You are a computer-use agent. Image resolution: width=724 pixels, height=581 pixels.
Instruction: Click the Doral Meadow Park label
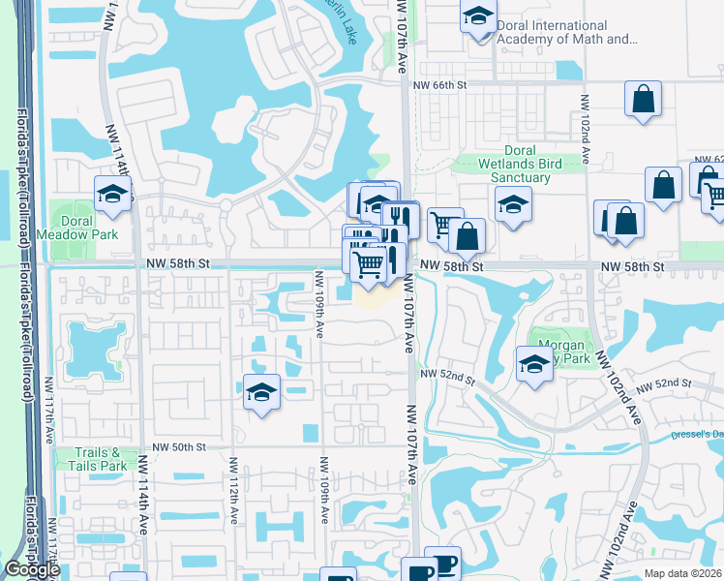[77, 228]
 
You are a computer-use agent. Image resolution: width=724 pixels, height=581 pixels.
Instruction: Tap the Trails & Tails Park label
[98, 459]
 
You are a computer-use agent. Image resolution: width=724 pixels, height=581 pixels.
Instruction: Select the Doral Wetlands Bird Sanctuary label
[520, 164]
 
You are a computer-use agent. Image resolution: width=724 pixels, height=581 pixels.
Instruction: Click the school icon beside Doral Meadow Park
[112, 194]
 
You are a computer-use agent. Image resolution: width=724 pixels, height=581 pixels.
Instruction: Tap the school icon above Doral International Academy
[478, 16]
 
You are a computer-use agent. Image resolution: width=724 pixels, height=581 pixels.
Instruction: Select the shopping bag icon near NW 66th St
[643, 99]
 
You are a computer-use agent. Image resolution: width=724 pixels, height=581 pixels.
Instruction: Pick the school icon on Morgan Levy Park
[534, 365]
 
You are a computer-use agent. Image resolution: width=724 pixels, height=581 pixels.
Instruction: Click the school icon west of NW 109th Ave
[261, 392]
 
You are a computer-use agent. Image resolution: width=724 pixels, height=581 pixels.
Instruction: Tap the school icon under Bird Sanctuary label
[512, 204]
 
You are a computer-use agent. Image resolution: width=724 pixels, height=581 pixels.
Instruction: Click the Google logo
[32, 570]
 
